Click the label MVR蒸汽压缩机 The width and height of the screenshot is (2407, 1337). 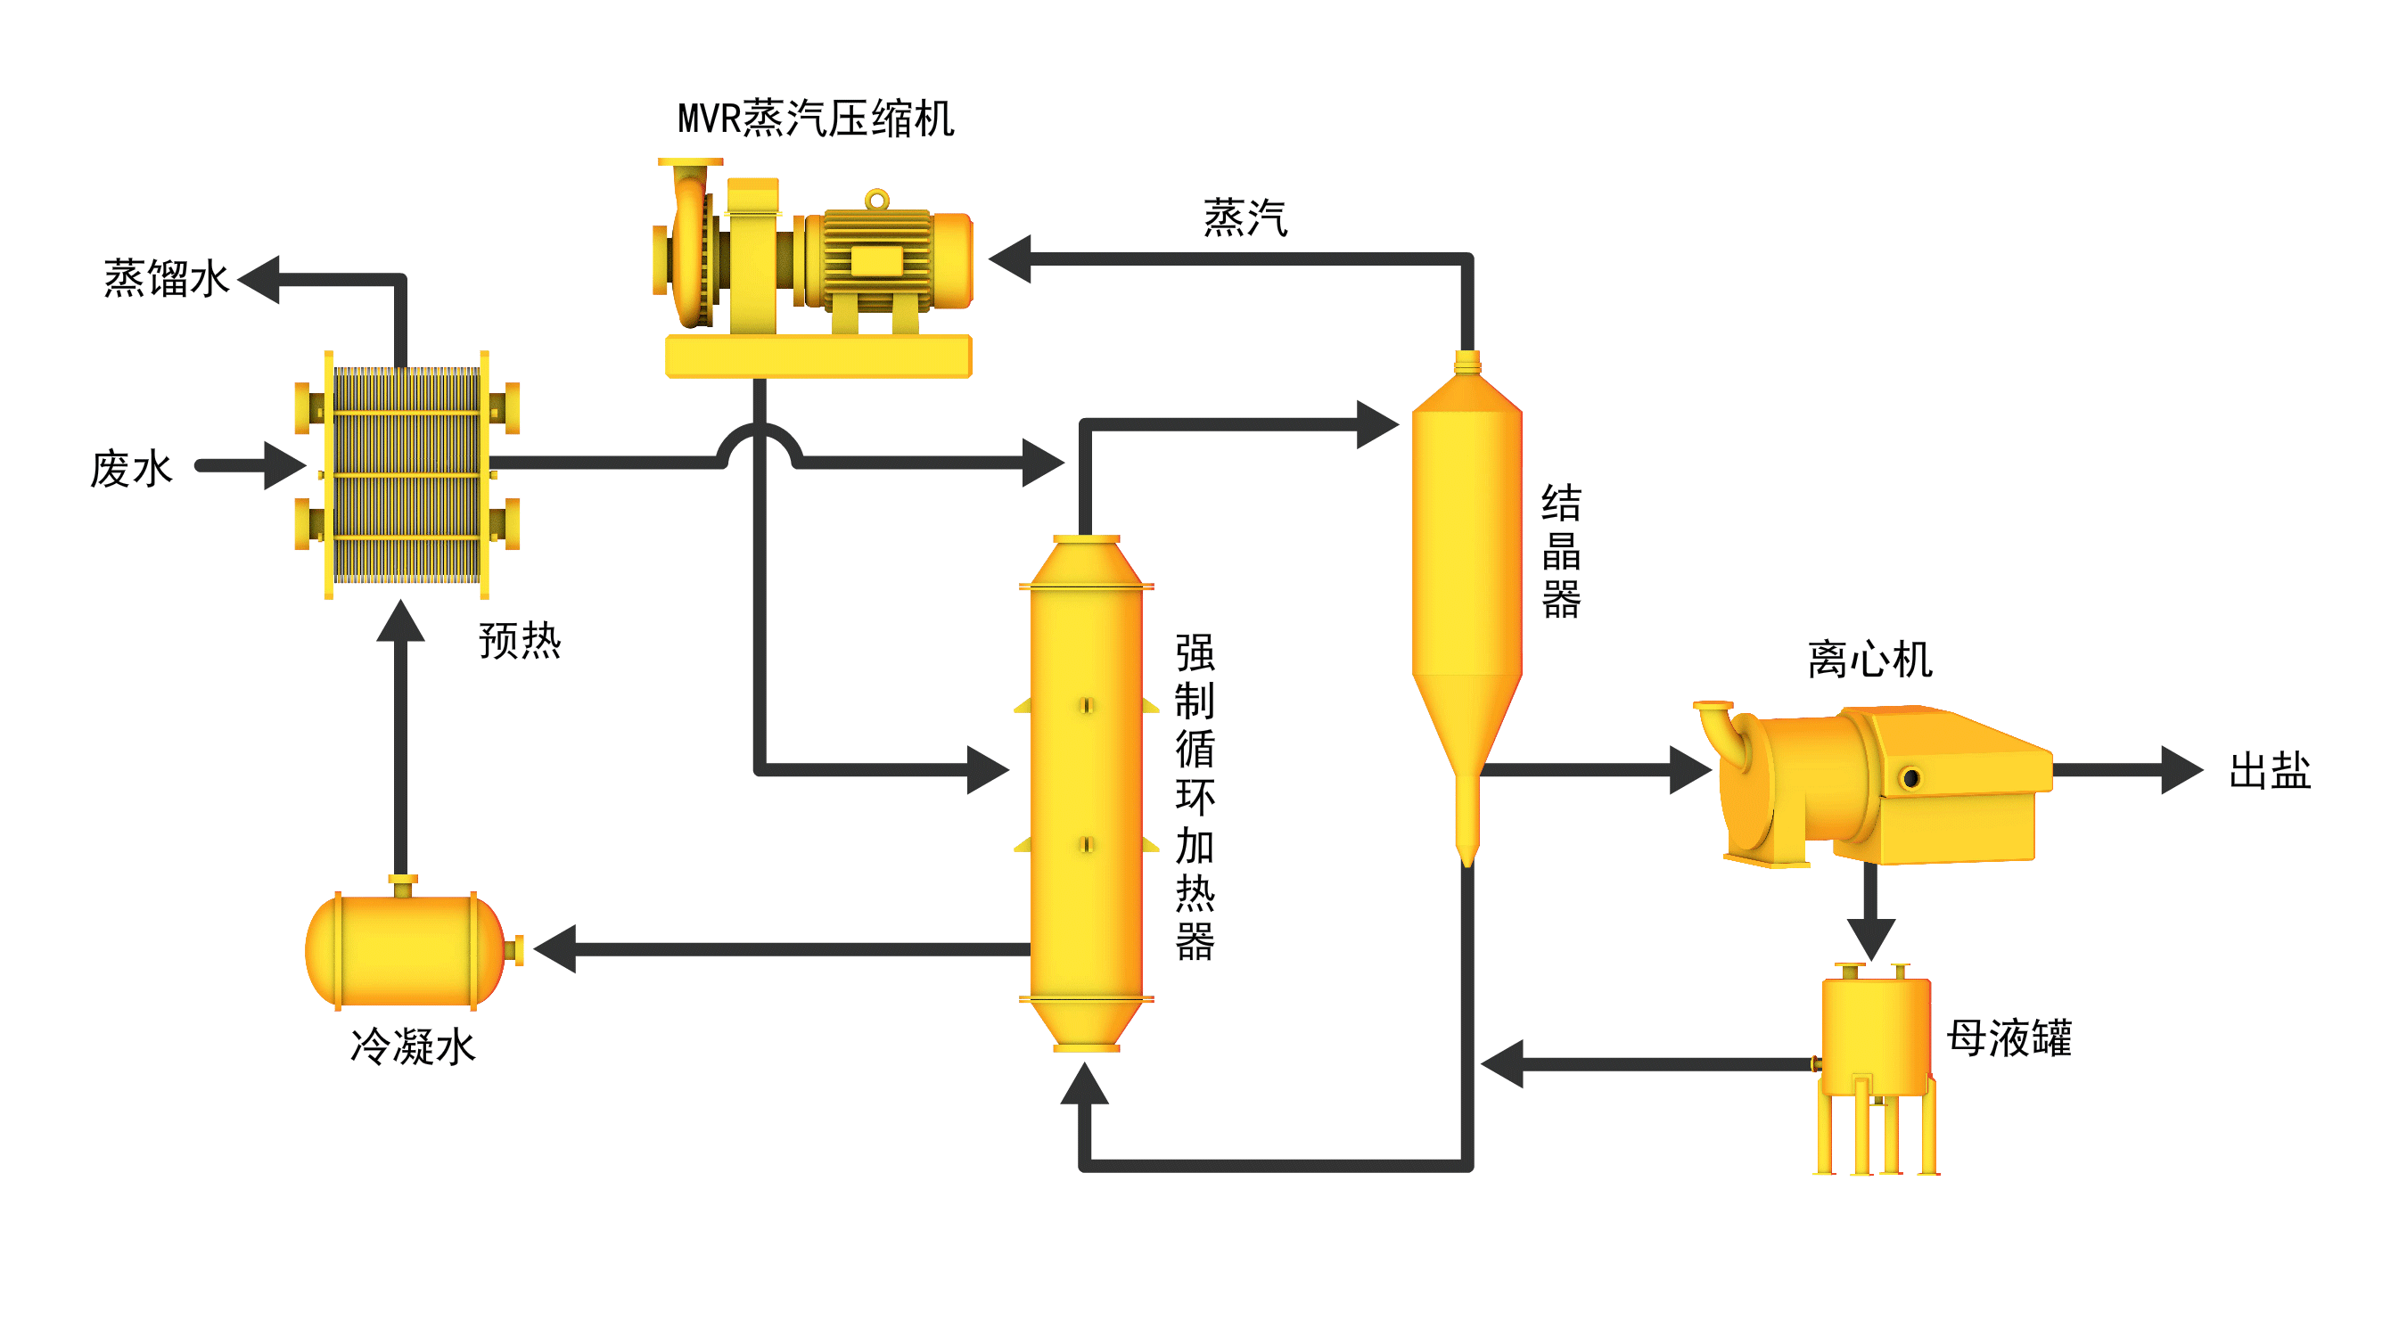point(815,119)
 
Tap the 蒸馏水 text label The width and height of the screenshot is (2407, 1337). point(166,278)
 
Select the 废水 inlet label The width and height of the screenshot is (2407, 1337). point(131,468)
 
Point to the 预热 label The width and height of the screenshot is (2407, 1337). point(520,641)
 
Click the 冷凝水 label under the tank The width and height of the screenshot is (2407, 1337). point(412,1046)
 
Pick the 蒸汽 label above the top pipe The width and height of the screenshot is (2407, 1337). point(1244,218)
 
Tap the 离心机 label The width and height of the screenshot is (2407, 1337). point(1869,660)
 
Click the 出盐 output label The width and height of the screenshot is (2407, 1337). point(2268,772)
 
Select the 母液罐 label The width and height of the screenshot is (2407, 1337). point(2008,1038)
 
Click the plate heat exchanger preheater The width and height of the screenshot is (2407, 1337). point(407,473)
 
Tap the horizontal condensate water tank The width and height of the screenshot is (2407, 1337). point(407,949)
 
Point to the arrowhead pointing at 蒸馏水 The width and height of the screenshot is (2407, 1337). point(259,278)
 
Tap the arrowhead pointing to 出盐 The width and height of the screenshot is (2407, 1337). point(2181,771)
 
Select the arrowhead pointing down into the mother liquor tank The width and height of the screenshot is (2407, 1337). point(1870,937)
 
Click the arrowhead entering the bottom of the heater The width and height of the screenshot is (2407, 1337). point(1084,1084)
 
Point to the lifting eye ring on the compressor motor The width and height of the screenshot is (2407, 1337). point(876,199)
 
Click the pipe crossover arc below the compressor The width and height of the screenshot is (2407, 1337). point(759,439)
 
